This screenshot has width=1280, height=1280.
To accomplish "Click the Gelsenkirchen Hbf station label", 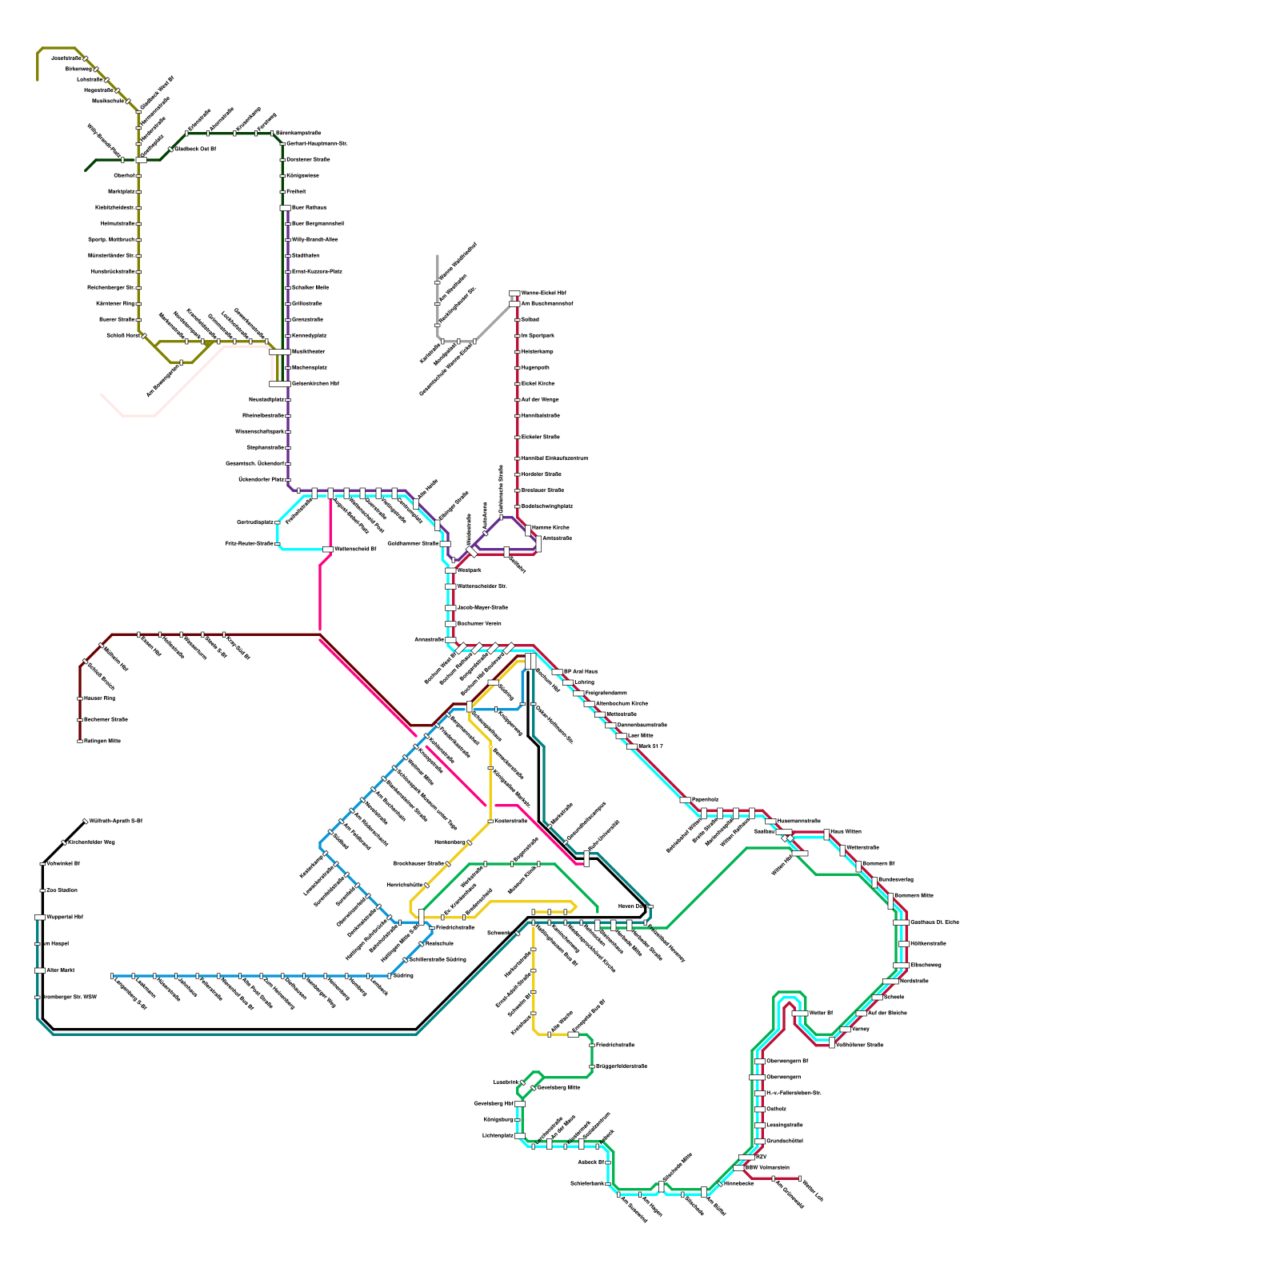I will [x=315, y=384].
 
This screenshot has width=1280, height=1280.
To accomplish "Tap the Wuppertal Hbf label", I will [x=65, y=918].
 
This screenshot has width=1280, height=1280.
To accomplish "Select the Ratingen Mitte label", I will [x=102, y=742].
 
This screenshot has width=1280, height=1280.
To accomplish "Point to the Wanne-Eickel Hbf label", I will [x=543, y=294].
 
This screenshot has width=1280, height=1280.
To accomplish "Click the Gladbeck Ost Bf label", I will [x=196, y=150].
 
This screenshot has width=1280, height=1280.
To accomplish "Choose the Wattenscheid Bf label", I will [x=355, y=550].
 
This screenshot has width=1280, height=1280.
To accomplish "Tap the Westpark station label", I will [x=470, y=570].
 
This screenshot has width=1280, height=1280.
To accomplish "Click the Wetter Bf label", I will [x=821, y=1014].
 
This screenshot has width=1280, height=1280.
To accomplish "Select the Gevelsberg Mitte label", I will [x=558, y=1088].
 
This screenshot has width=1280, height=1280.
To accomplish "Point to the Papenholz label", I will [x=706, y=800].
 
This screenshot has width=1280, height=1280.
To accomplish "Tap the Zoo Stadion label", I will [x=62, y=890].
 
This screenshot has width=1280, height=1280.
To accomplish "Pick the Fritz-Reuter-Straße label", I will [x=250, y=544].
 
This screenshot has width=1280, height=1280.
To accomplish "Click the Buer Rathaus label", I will [x=309, y=208].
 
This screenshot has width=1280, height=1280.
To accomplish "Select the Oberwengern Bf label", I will [x=787, y=1062].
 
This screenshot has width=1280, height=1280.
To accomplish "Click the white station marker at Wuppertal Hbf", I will [x=40, y=918].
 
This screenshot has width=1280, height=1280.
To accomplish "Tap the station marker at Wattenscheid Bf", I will [x=328, y=550].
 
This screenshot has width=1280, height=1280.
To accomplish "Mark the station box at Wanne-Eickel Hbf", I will [x=514, y=294].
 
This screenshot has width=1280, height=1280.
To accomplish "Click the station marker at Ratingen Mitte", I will [x=79, y=742].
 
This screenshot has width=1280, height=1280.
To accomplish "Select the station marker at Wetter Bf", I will [x=800, y=1014].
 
